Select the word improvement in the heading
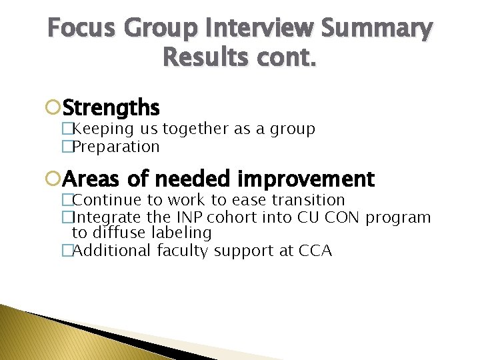click(306, 179)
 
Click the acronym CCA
click(315, 251)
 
